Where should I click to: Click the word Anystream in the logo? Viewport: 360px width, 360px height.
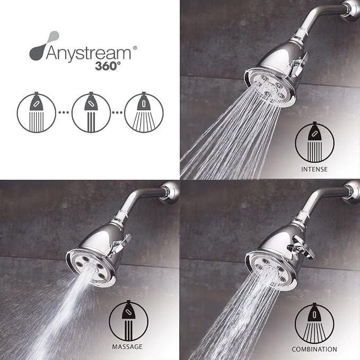[x=89, y=54]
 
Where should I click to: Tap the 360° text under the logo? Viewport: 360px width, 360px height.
[x=108, y=66]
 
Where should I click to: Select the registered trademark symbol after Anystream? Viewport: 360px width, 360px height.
[x=135, y=48]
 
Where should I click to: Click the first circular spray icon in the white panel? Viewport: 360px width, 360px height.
[x=36, y=112]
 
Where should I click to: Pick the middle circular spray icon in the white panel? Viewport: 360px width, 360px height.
[x=91, y=112]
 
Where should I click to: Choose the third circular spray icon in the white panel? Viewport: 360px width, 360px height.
[x=144, y=112]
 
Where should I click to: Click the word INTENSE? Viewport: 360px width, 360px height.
[x=314, y=170]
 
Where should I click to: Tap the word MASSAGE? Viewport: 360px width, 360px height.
[x=127, y=347]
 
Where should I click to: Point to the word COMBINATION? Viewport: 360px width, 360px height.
[x=314, y=349]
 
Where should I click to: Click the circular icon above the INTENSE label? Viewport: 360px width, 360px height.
[x=314, y=142]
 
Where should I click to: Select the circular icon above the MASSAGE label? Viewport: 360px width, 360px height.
[x=128, y=321]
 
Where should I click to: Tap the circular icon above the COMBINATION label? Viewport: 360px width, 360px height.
[x=314, y=323]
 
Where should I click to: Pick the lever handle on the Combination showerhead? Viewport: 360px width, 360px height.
[x=301, y=248]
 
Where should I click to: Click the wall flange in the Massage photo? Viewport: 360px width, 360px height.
[x=171, y=192]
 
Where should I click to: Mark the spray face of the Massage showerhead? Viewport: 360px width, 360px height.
[x=90, y=269]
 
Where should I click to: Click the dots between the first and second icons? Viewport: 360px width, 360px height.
[x=64, y=112]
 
